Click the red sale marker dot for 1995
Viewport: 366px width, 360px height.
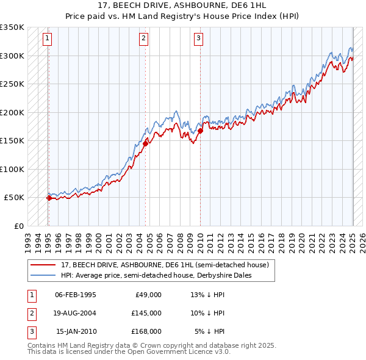click(x=49, y=198)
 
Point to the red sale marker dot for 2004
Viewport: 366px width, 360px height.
click(x=146, y=143)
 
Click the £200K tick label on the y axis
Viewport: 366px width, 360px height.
click(x=12, y=112)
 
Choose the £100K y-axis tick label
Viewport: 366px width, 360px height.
click(x=12, y=169)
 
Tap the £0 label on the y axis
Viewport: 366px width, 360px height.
click(x=18, y=226)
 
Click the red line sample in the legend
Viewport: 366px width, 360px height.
click(x=43, y=265)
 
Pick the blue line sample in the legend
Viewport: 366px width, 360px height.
click(x=43, y=275)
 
